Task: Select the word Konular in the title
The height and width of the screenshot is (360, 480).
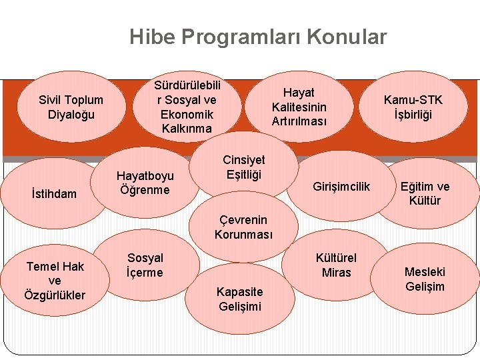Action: [x=347, y=37]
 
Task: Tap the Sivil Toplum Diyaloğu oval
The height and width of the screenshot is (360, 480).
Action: [x=71, y=107]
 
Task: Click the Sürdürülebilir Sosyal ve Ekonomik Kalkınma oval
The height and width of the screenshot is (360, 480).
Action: [x=187, y=107]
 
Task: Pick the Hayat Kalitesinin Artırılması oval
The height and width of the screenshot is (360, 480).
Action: [x=299, y=107]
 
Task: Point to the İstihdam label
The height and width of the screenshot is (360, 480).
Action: [x=54, y=194]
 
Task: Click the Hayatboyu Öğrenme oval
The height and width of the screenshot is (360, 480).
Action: [x=145, y=183]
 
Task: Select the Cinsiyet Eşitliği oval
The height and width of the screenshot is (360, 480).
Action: [x=243, y=167]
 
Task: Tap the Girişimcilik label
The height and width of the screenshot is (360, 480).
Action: [x=341, y=187]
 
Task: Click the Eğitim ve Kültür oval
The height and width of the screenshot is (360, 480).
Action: [x=425, y=193]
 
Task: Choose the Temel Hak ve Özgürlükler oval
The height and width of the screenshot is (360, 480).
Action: [x=55, y=281]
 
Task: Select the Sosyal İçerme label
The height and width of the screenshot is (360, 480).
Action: [x=145, y=265]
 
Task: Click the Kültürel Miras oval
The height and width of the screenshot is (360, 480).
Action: [x=336, y=265]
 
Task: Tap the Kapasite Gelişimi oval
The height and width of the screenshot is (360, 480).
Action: [x=240, y=299]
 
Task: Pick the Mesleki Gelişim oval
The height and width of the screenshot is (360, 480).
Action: [x=425, y=279]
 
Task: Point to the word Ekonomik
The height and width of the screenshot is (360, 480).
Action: [x=187, y=114]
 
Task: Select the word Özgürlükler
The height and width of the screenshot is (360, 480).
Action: [x=55, y=295]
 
